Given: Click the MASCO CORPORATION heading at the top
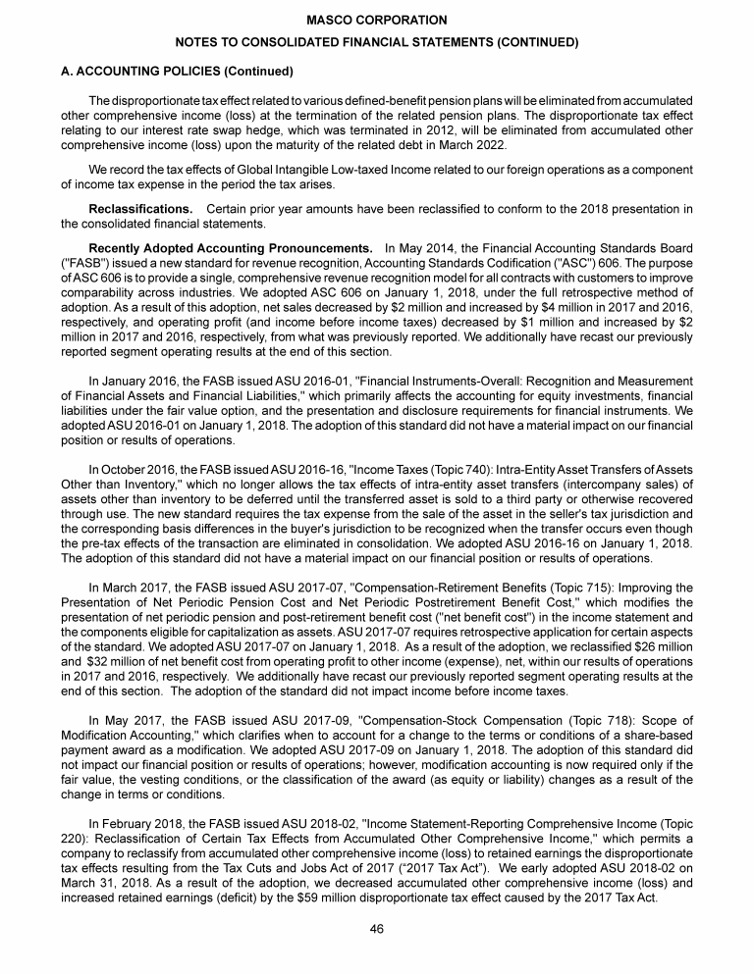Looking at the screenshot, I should tap(376, 20).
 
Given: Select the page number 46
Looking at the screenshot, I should tap(376, 930).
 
